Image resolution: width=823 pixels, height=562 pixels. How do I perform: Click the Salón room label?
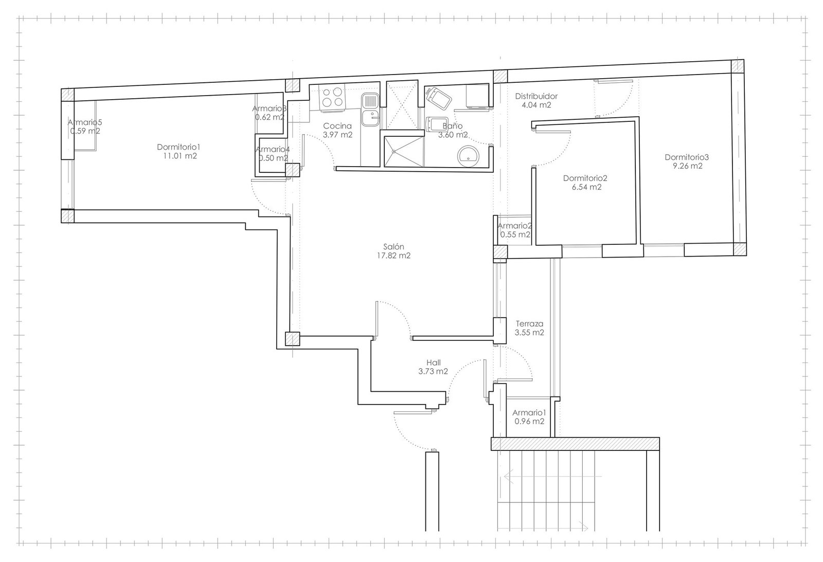(393, 246)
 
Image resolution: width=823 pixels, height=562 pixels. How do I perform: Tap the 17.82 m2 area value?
(393, 256)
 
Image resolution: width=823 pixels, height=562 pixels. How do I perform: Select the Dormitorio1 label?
(178, 147)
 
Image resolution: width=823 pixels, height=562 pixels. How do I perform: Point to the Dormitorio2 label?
(585, 178)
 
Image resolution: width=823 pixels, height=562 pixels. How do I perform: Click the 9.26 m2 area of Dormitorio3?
(687, 166)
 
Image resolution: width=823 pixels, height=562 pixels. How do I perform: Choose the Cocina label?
(337, 126)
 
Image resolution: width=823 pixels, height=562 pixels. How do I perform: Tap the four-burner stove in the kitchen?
(332, 97)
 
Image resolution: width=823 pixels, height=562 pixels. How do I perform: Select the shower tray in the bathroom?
(404, 151)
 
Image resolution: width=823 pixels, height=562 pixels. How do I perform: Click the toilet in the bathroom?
(439, 98)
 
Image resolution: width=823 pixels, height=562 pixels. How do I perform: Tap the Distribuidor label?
(536, 96)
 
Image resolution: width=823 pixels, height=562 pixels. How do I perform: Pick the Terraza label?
(529, 324)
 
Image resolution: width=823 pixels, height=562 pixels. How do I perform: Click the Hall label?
(434, 362)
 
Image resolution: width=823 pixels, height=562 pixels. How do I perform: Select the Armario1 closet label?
(529, 412)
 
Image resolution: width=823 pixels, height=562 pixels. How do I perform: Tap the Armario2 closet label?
(515, 226)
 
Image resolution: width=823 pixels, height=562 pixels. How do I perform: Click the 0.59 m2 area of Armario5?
(85, 131)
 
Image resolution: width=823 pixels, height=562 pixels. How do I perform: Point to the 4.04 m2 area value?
(536, 105)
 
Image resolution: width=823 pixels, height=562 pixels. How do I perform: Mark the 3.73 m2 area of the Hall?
(433, 371)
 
